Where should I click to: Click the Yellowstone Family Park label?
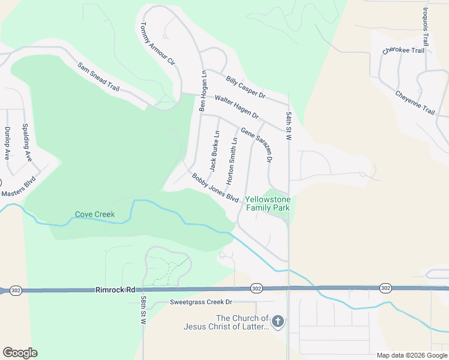pos(268,203)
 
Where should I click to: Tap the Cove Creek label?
pos(95,214)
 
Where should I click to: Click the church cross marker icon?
pos(277,322)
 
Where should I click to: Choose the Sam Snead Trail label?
pos(98,76)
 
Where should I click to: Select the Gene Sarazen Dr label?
pos(257,145)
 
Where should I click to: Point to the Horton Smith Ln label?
pos(231,160)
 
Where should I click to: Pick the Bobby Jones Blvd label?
pos(215,188)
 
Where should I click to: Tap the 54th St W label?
pos(289,126)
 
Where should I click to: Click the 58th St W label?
pos(143,310)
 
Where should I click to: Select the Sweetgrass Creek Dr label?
pos(200,302)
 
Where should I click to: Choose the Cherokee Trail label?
pos(403,50)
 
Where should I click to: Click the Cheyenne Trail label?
pos(415,103)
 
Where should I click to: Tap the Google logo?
pos(20,353)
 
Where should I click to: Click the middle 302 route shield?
pos(257,289)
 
